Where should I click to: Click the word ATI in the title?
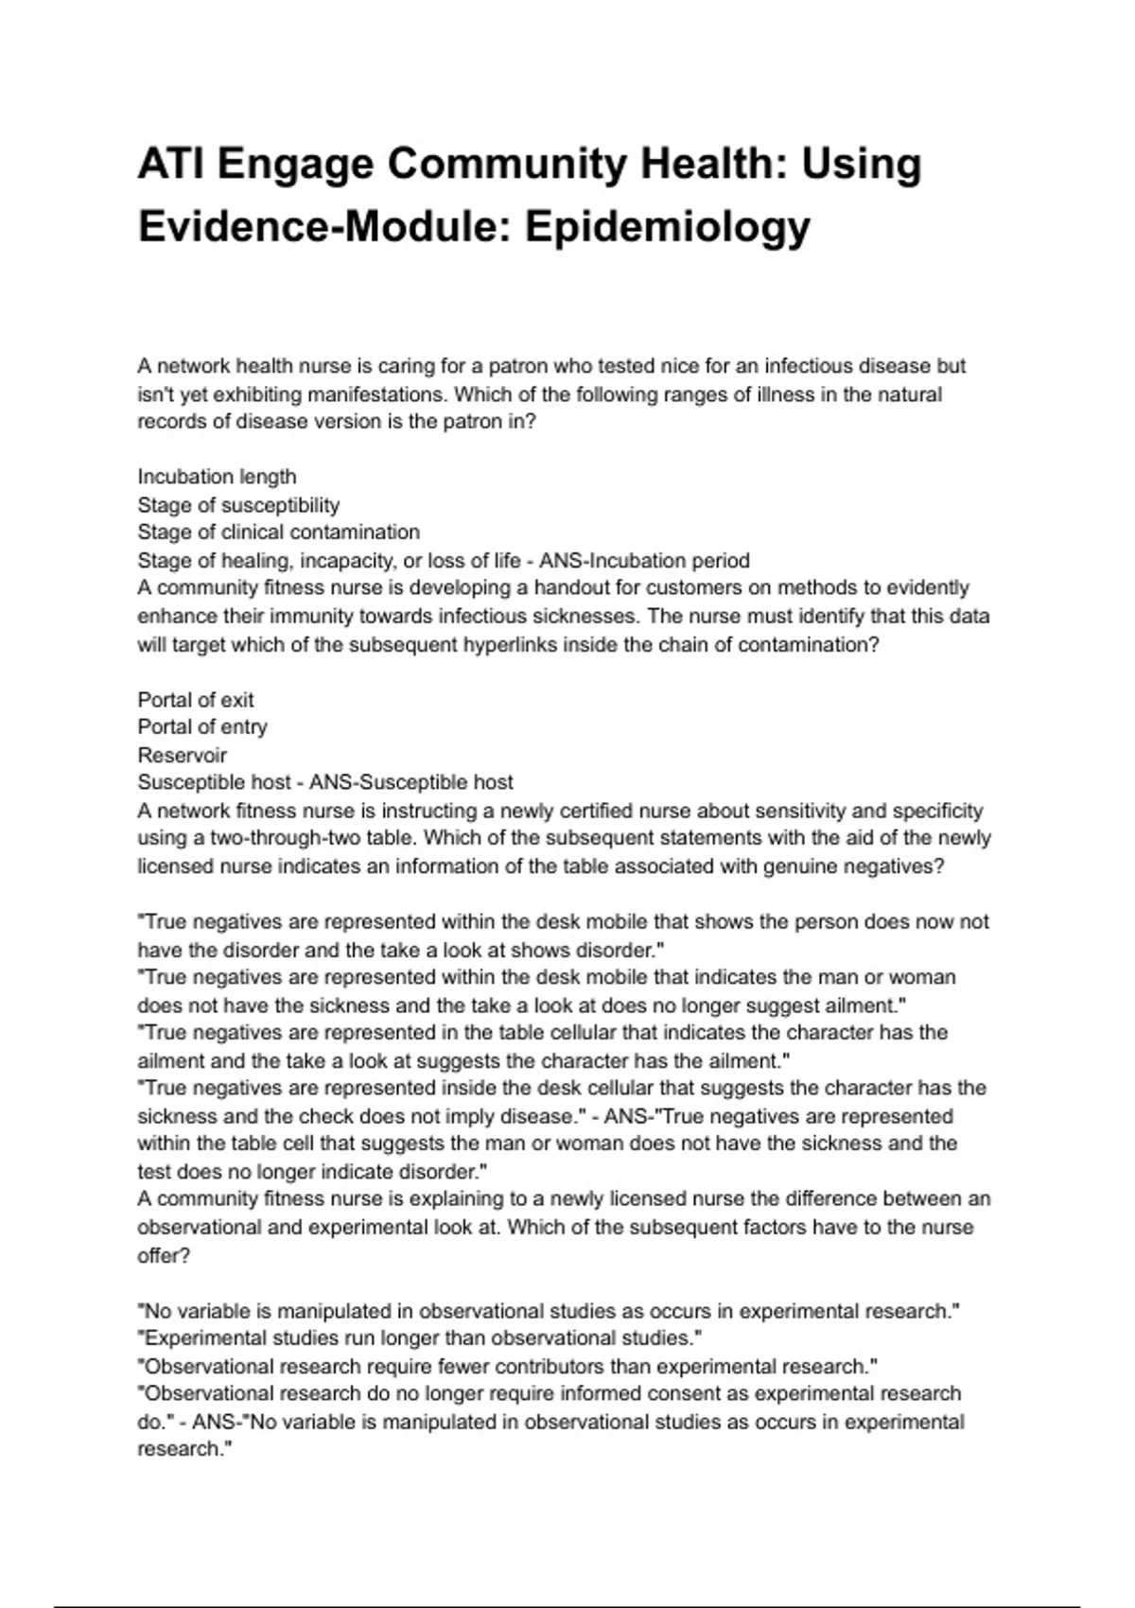coord(167,164)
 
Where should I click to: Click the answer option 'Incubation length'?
coord(217,477)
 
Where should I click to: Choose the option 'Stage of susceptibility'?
coord(238,505)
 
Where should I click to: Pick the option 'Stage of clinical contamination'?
coord(278,533)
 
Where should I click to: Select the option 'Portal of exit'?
coord(196,700)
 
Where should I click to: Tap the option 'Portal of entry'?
coord(202,727)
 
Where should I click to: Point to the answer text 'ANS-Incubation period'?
coord(644,561)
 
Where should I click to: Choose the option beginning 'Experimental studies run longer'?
coord(420,1338)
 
